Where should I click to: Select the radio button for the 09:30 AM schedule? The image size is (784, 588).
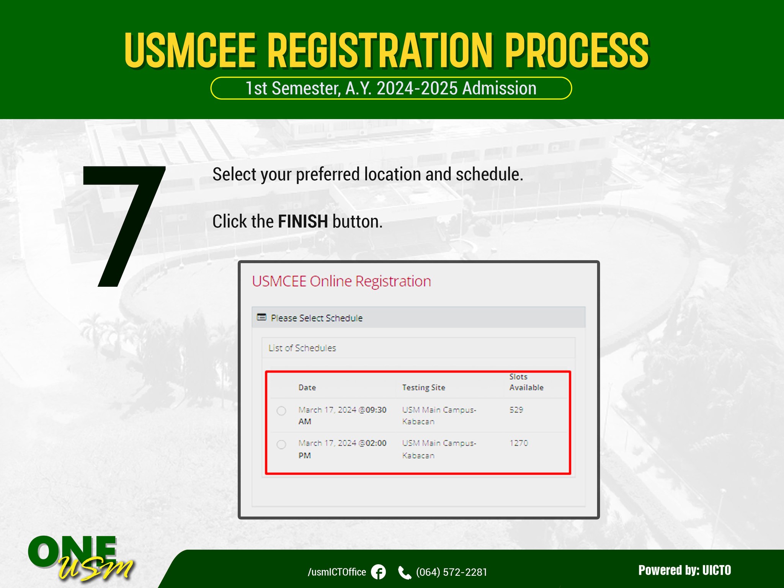click(x=281, y=411)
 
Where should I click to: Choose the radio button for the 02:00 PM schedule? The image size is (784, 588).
click(x=281, y=444)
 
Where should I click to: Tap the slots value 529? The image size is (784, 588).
click(x=516, y=410)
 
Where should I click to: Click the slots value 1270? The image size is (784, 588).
click(x=519, y=443)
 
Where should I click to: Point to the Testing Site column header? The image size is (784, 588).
click(x=423, y=387)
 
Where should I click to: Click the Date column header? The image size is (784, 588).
click(x=307, y=387)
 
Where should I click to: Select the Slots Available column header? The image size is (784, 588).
click(x=526, y=382)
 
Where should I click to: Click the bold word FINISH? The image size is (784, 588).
click(x=303, y=221)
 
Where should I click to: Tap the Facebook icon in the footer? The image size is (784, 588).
click(x=379, y=572)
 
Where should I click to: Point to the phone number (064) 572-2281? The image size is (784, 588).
click(x=452, y=572)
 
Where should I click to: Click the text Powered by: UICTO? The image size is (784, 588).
click(x=684, y=570)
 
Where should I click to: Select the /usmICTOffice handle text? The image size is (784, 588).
click(x=337, y=572)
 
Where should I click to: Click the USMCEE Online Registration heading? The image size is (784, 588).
click(x=341, y=281)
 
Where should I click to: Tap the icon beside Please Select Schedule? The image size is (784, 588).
click(x=261, y=317)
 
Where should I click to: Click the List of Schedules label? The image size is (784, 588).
click(x=302, y=348)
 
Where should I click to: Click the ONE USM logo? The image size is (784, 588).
click(x=80, y=558)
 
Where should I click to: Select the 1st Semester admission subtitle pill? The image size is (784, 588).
click(x=391, y=88)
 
